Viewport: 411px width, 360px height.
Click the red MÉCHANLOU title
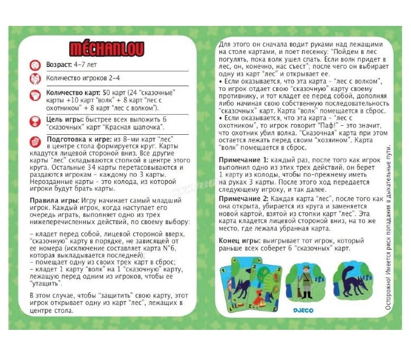(107, 49)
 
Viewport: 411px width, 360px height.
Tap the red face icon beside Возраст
(35, 65)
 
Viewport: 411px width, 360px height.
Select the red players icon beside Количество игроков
(35, 79)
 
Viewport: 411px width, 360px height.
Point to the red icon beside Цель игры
(35, 121)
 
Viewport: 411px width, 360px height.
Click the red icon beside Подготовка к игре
(35, 141)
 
